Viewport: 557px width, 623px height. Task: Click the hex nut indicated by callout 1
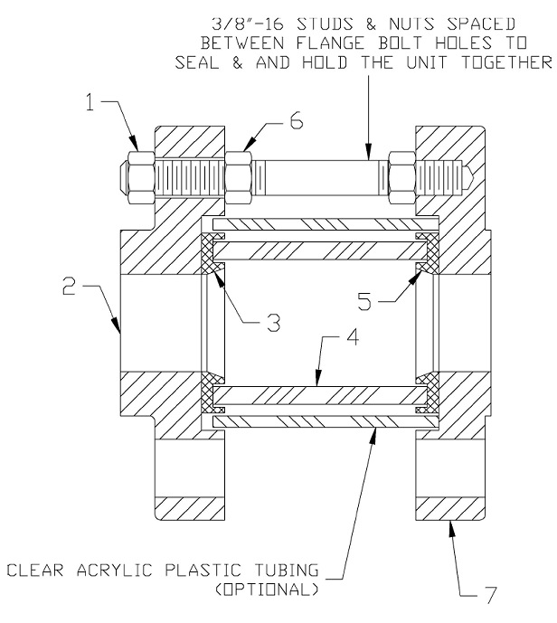(137, 169)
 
